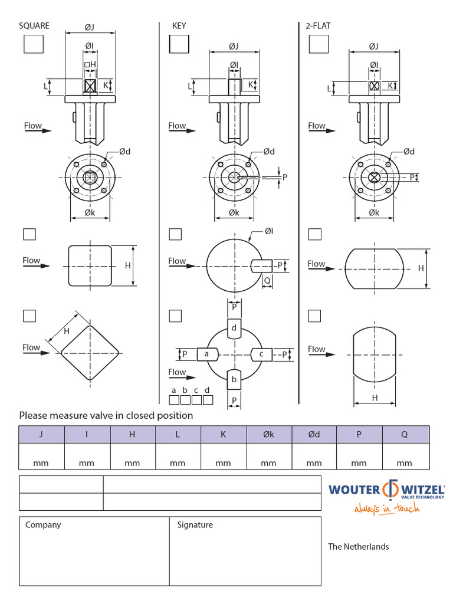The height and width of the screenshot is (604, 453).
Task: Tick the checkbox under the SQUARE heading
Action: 34,44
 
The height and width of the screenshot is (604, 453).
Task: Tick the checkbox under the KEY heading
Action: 179,44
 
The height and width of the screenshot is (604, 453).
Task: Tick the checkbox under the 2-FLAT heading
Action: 318,44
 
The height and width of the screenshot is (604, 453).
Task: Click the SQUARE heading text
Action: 34,25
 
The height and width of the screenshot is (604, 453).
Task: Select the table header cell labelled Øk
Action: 269,435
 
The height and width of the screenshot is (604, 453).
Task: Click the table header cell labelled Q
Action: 405,435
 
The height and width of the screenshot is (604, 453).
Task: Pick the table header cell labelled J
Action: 41,435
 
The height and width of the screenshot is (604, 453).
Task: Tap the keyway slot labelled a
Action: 207,354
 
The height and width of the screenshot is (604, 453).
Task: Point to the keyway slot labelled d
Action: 234,328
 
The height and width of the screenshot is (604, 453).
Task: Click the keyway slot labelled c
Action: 261,354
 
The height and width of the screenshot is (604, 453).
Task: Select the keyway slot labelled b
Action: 234,379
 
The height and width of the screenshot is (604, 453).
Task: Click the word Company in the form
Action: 43,525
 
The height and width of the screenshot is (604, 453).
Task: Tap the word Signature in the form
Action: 195,525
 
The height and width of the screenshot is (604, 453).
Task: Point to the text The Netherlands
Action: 359,547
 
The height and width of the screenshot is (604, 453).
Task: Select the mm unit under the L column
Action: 178,464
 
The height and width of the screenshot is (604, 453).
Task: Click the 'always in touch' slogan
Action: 387,508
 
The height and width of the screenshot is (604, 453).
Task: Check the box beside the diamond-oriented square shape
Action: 29,316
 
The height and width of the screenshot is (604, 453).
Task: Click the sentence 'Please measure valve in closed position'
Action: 106,415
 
